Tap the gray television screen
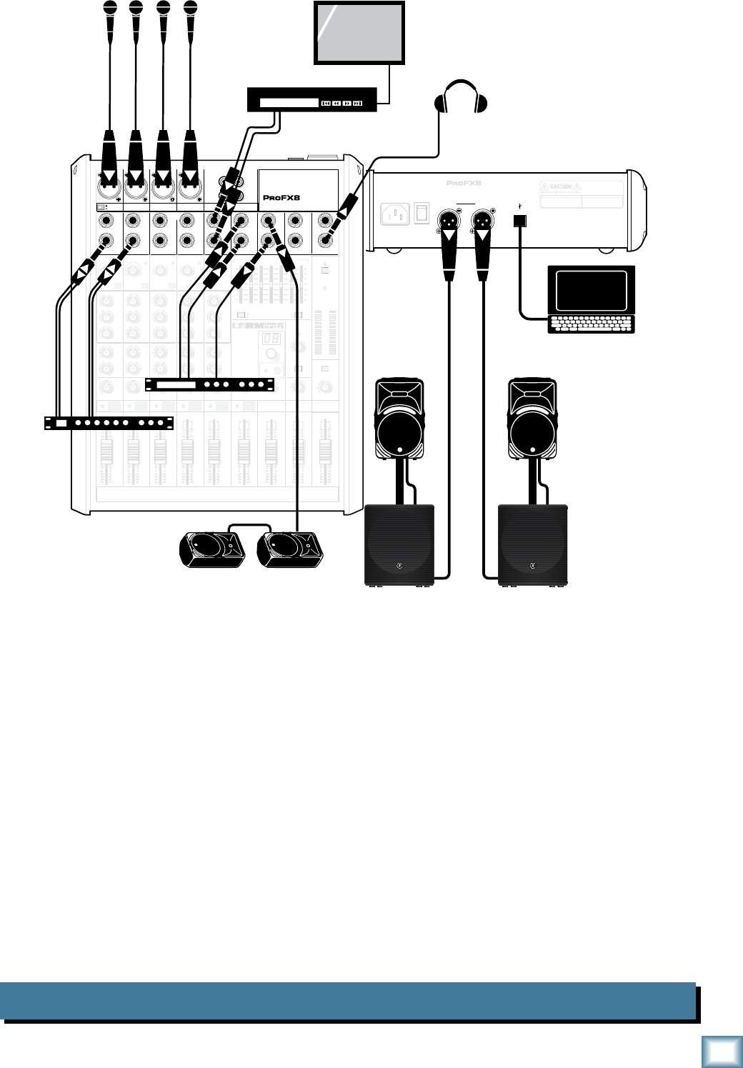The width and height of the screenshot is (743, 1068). (360, 32)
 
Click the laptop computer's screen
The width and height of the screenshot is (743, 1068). (590, 290)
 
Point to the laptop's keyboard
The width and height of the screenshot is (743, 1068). (591, 324)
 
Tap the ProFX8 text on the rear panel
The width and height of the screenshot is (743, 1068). (464, 184)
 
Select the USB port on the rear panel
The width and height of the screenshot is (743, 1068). (520, 221)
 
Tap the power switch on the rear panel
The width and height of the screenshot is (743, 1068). (422, 213)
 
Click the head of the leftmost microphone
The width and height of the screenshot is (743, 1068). (109, 9)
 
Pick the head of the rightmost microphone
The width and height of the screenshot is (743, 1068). (189, 9)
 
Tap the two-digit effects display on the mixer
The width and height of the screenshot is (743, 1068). (269, 339)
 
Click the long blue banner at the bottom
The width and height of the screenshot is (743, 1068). (348, 1001)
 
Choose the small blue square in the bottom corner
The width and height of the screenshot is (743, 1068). (719, 1049)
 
